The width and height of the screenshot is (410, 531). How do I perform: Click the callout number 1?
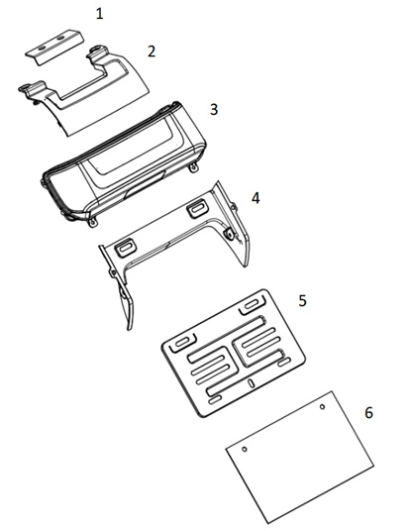(x=99, y=14)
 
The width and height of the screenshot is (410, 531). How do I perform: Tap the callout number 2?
(x=152, y=52)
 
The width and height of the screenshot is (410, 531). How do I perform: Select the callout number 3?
(x=214, y=110)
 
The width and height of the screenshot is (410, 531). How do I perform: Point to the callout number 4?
(x=256, y=198)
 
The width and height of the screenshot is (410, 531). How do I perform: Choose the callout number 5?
(x=302, y=301)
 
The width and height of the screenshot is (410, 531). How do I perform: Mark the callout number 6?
(x=368, y=413)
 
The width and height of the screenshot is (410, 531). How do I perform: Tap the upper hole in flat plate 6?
(x=322, y=407)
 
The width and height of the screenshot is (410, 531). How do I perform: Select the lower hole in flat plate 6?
(x=245, y=450)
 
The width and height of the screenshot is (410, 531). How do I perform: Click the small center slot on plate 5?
(x=251, y=383)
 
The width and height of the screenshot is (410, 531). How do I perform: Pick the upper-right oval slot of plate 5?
(x=251, y=304)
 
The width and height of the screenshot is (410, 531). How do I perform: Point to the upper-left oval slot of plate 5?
(x=182, y=342)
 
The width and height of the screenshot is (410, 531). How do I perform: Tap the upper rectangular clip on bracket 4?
(x=196, y=209)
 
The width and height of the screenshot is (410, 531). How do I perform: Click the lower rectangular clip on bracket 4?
(x=125, y=249)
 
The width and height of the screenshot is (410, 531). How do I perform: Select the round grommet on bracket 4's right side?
(x=229, y=233)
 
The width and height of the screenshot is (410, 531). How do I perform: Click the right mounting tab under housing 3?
(x=193, y=167)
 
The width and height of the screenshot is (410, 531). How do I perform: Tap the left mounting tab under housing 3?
(x=92, y=222)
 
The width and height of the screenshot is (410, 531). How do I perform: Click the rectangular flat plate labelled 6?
(x=300, y=458)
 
